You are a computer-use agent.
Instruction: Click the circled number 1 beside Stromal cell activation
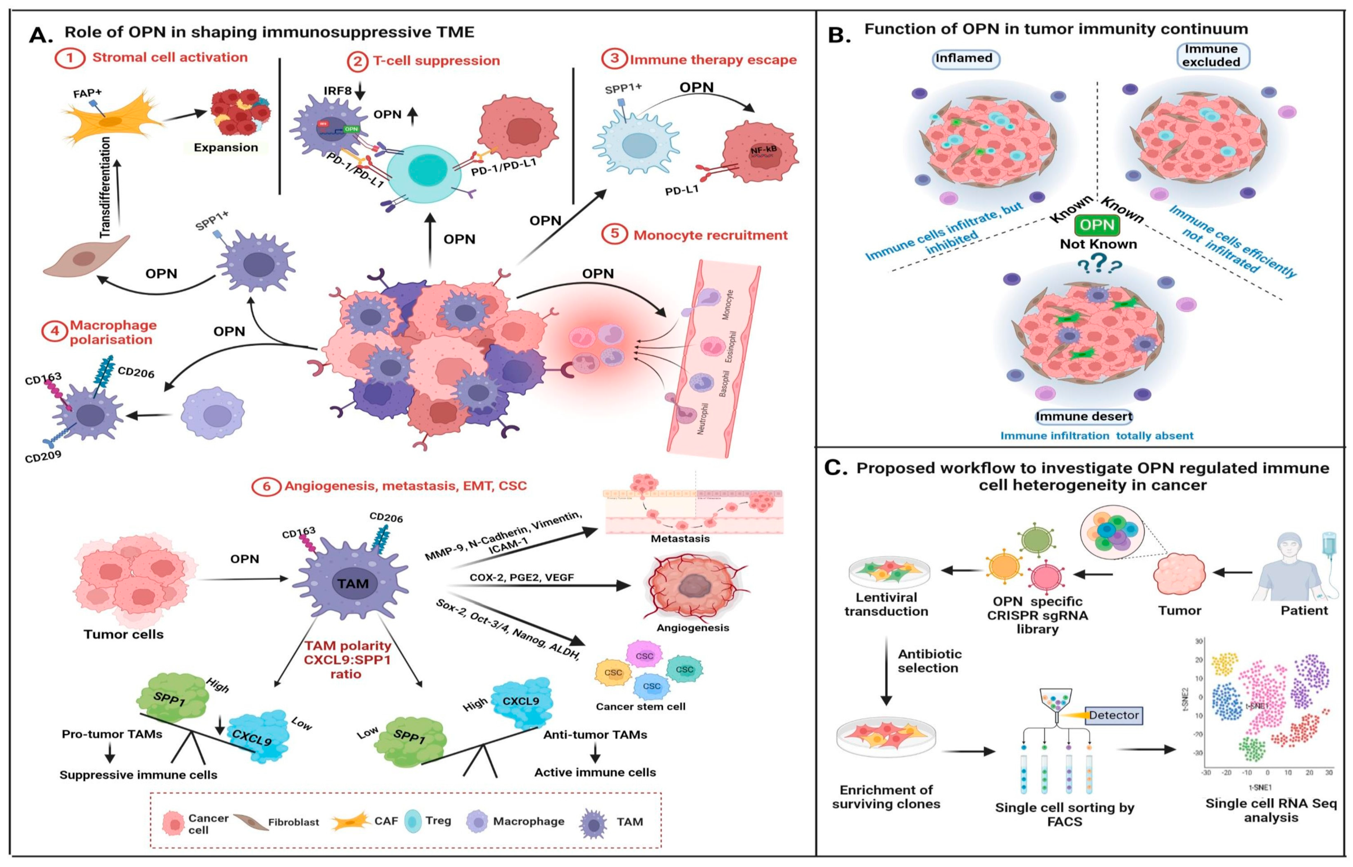(69, 58)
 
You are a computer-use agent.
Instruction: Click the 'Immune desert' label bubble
(1084, 417)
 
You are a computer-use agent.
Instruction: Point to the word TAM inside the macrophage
(353, 584)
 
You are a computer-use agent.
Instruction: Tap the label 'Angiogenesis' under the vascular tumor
(692, 628)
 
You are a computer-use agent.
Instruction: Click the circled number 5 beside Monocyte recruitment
(614, 234)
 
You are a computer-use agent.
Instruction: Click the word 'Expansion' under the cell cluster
(226, 147)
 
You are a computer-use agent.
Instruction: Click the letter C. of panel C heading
(836, 468)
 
